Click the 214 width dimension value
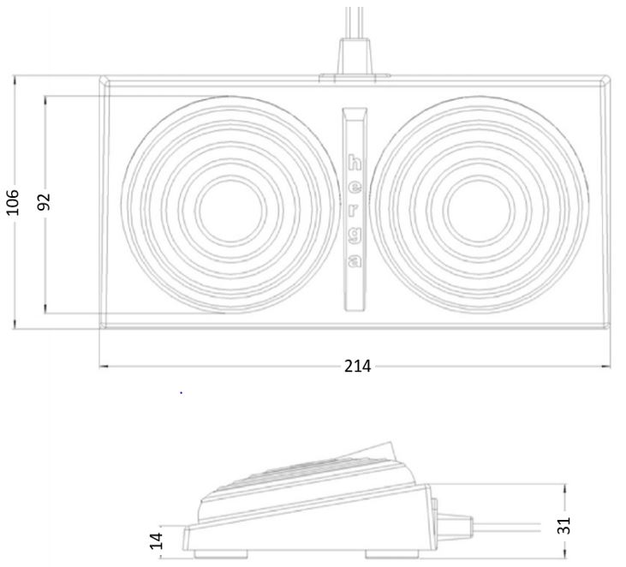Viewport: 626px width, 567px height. click(357, 367)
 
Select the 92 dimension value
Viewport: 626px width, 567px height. click(45, 201)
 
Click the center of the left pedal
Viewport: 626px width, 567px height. click(227, 209)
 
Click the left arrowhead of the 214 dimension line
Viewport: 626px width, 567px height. click(104, 367)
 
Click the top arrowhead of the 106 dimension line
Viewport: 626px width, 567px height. click(15, 80)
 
